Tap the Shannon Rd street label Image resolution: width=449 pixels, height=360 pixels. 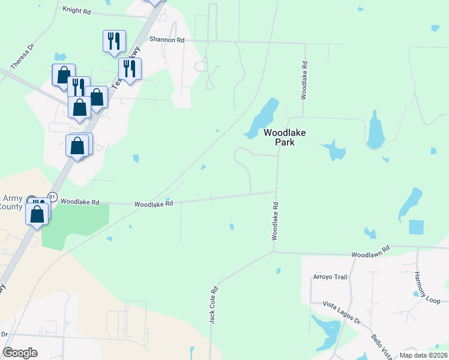pyautogui.click(x=167, y=40)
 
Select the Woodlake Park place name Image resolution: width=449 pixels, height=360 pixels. pyautogui.click(x=277, y=137)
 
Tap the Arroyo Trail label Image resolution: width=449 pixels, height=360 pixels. pyautogui.click(x=330, y=277)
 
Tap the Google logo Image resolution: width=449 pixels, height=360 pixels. pyautogui.click(x=20, y=353)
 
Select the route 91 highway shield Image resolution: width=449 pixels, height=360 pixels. pyautogui.click(x=52, y=197)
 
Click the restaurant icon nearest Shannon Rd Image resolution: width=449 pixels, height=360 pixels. pyautogui.click(x=114, y=41)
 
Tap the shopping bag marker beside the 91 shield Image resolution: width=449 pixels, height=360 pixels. pyautogui.click(x=37, y=214)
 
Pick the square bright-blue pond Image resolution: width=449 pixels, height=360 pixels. pyautogui.click(x=416, y=227)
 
